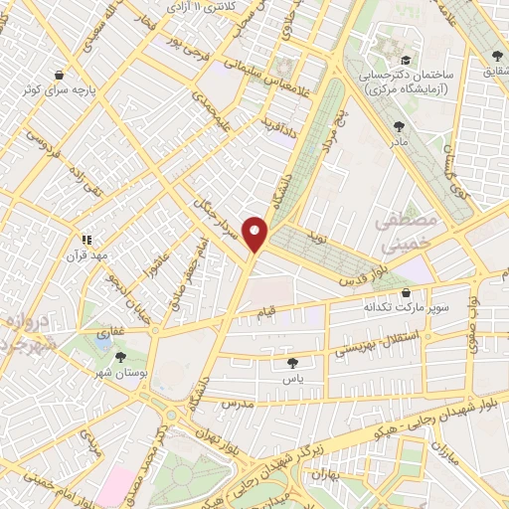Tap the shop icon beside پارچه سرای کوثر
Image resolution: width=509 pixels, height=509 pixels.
60,75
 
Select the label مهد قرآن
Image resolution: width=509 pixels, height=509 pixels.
86,254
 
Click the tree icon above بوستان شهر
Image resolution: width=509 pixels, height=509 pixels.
121,356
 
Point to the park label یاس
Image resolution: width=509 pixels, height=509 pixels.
292,379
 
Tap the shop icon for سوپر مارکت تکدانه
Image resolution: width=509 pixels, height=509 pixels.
408,292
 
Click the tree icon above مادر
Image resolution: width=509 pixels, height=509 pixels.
399,126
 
